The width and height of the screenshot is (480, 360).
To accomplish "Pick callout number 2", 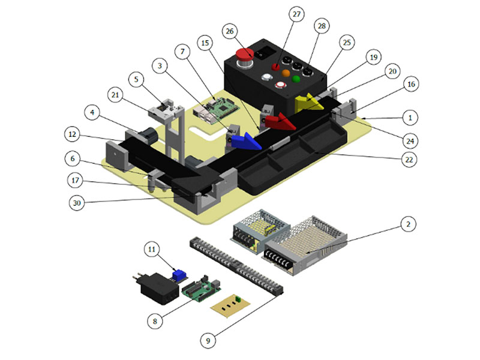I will (407, 225).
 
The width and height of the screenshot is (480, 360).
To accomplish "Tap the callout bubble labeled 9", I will (208, 341).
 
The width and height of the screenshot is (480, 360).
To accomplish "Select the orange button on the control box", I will (284, 76).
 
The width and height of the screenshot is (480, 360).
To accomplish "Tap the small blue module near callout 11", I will (178, 275).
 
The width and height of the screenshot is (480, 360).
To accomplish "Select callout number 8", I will (155, 321).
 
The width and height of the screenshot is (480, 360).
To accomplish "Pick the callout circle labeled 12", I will (72, 133).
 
